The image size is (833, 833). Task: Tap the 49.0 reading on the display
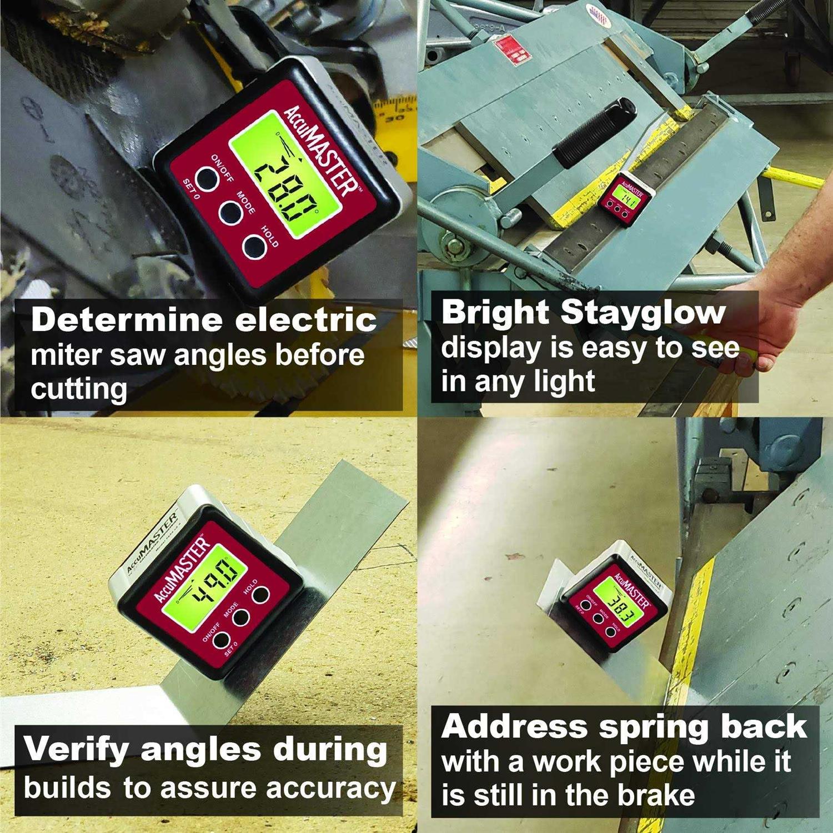point(212,586)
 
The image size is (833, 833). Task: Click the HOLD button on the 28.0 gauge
point(253,247)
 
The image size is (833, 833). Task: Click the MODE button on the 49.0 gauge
point(240,617)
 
